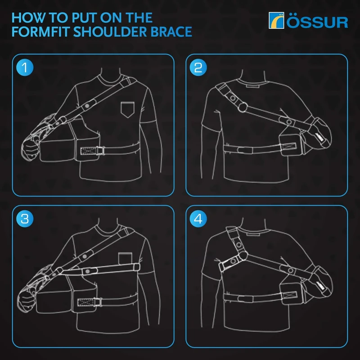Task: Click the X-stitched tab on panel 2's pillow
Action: point(288,145)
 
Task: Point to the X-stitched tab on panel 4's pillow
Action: point(288,296)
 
